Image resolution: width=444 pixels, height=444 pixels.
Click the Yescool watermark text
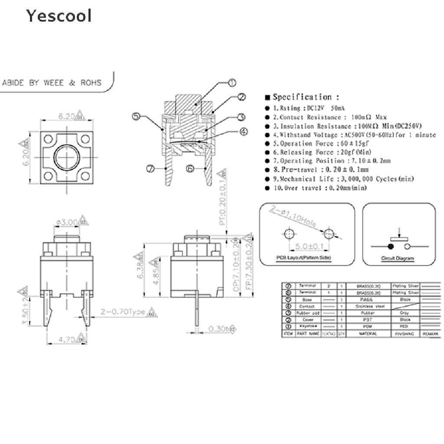[x=59, y=16]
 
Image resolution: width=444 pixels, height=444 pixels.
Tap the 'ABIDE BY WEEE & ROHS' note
[x=52, y=82]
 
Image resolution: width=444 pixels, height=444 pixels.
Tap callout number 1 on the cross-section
[x=232, y=83]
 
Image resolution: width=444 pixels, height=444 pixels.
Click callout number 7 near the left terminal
[x=150, y=170]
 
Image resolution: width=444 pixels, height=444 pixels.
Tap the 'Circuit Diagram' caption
[x=397, y=259]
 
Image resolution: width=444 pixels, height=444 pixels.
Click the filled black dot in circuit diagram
[x=391, y=247]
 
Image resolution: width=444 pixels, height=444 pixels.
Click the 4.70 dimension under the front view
[x=66, y=340]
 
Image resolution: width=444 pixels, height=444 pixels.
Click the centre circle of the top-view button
[x=66, y=156]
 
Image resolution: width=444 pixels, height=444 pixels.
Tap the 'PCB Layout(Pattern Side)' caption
[x=304, y=258]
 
